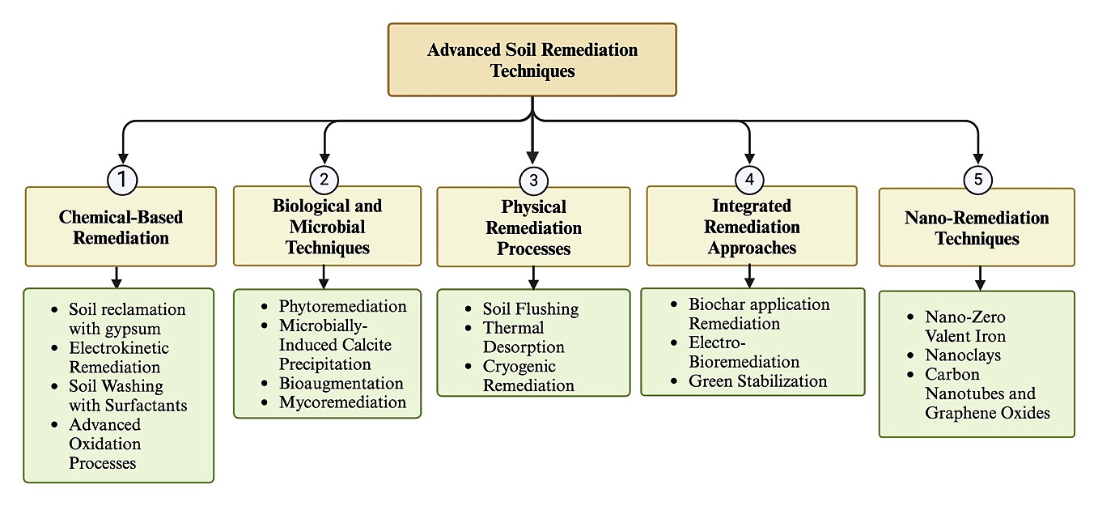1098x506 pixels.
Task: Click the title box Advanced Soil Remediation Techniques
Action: pos(532,60)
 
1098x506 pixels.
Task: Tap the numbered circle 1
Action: pos(122,180)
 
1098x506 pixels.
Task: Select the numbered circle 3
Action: pos(532,181)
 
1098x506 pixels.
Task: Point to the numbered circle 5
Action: pos(977,180)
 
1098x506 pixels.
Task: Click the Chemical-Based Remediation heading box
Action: pos(121,227)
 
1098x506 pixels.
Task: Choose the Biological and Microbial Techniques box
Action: pos(327,226)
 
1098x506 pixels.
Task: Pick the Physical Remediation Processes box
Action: pos(533,227)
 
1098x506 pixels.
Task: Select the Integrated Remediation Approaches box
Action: pos(752,226)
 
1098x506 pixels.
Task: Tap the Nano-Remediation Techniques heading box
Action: pos(977,227)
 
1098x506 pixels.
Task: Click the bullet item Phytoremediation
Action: pos(342,306)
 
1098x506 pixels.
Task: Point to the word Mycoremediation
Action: pos(342,402)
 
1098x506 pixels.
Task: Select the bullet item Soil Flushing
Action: pos(530,308)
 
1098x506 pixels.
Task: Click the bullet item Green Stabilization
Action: pos(757,381)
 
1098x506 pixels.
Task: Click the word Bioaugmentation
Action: pos(341,383)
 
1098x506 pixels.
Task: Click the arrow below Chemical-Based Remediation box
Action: pos(117,277)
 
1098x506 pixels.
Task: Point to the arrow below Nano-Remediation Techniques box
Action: pos(980,279)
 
